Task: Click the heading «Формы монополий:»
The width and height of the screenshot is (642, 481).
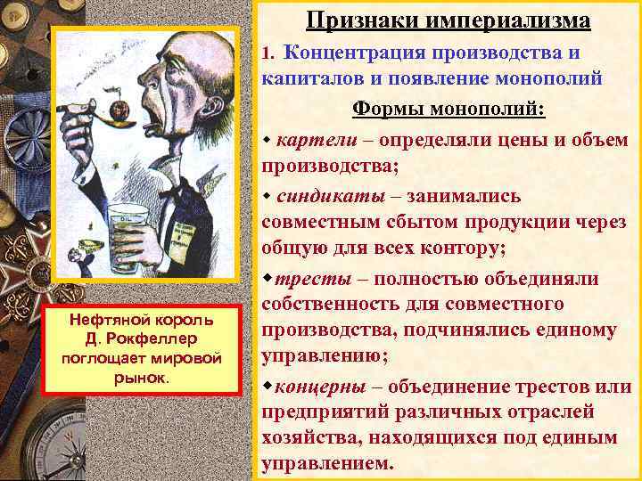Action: [449, 110]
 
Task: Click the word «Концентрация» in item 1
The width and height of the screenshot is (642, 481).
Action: [359, 53]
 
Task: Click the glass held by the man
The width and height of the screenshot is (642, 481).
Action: [128, 240]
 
